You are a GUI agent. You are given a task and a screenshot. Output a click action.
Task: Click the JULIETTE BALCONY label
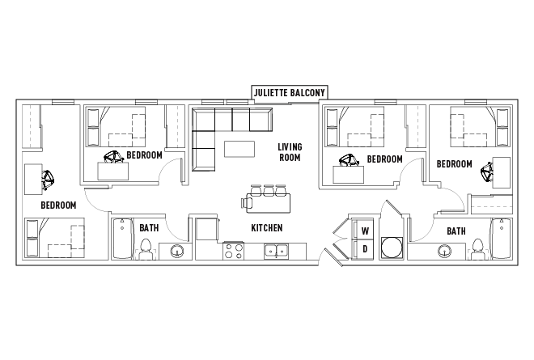click(x=290, y=92)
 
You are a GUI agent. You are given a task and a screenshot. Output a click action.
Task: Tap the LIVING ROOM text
click(x=290, y=152)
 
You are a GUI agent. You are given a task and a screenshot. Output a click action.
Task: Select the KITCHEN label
click(x=266, y=228)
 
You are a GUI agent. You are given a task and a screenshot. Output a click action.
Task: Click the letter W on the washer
click(x=365, y=229)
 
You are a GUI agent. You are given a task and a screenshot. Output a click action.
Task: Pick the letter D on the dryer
click(x=365, y=248)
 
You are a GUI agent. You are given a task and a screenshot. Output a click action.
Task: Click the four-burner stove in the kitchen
click(x=234, y=251)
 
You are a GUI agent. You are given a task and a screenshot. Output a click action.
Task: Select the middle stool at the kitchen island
click(x=266, y=190)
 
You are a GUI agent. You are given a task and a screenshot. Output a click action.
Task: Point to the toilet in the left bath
click(x=146, y=253)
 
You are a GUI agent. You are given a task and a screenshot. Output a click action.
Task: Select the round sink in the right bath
click(x=444, y=251)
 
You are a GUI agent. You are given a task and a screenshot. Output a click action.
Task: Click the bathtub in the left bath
click(x=122, y=239)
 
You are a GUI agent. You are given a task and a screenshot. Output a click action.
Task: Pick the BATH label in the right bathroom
click(x=456, y=231)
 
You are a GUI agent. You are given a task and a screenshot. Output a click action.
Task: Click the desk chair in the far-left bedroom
click(x=47, y=179)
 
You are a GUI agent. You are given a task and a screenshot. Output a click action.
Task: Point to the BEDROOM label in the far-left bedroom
click(x=58, y=205)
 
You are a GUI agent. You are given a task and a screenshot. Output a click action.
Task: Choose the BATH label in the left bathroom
click(x=148, y=228)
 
